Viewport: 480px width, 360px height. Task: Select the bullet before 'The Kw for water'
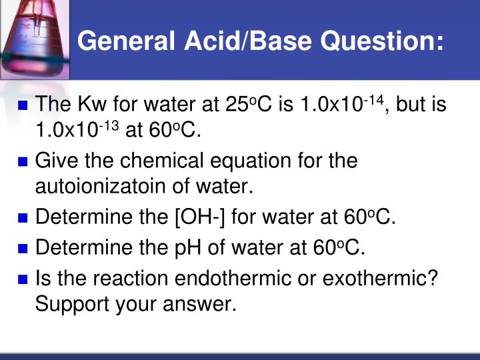[x=23, y=105]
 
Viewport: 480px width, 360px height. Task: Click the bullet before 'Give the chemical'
[x=23, y=161]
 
